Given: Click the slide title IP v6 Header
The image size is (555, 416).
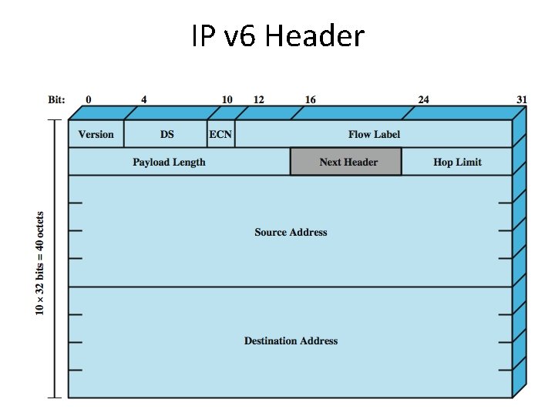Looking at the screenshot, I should tap(277, 35).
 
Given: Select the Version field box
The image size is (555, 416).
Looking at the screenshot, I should tap(96, 134).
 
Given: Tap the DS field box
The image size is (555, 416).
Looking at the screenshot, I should tap(166, 134).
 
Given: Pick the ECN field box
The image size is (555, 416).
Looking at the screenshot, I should tap(220, 134).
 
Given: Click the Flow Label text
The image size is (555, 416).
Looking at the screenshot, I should tap(374, 134).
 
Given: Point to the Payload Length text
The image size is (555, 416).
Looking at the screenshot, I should tap(169, 162).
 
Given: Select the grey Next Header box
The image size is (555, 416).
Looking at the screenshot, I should tap(346, 162).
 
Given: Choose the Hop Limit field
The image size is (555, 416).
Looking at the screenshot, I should tap(457, 162).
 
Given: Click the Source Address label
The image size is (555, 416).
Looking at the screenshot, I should tap(291, 232).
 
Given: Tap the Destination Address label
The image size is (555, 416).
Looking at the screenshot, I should tap(291, 341).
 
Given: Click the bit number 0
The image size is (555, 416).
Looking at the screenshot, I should tap(89, 99).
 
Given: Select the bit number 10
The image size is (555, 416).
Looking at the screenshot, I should tap(227, 99).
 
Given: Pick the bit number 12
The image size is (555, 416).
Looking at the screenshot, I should tap(258, 99).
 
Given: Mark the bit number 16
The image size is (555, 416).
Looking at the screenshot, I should tap(310, 99).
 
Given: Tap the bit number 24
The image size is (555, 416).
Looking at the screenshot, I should tap(423, 99).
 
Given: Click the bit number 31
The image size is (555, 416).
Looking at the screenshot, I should tap(522, 99).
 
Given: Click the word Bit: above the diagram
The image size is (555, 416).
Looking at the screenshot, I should tap(56, 99).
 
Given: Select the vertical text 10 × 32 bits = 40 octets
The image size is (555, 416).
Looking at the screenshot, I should tap(40, 262).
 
